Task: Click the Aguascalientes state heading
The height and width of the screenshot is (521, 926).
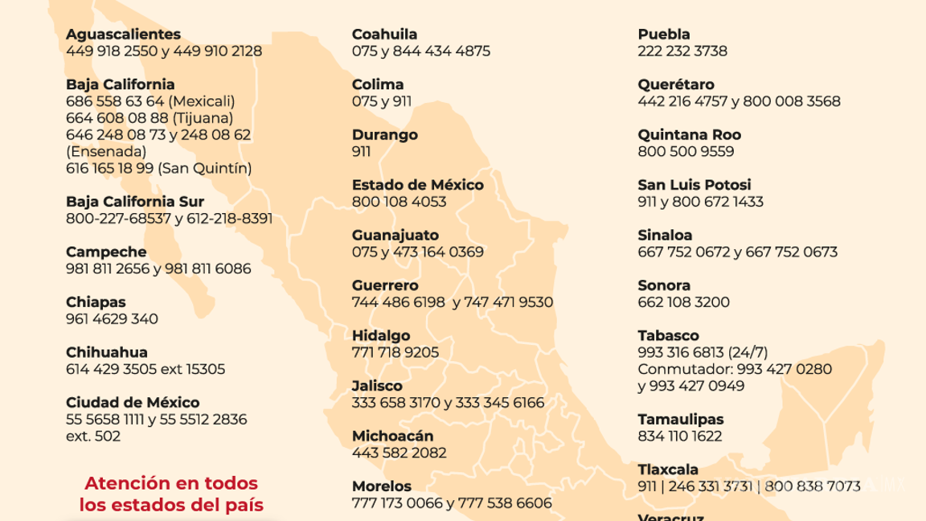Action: pos(123,35)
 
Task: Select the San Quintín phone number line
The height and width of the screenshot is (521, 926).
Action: pos(158,168)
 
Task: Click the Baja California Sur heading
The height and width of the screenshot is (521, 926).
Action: pos(135,202)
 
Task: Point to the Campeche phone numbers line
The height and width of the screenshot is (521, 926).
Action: pos(158,269)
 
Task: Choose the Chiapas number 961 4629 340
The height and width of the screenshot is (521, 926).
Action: pos(112,318)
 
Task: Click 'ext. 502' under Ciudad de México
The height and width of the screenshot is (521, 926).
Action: pos(93,436)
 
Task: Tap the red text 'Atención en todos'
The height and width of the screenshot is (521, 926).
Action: pos(171,484)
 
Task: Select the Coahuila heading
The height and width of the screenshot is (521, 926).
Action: pos(384,35)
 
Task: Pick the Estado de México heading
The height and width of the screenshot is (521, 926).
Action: pos(418,185)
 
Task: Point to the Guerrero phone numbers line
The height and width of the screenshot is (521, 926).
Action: pos(453,302)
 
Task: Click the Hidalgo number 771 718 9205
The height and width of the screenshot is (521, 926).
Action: pos(395,352)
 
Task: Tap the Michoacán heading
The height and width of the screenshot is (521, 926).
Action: pos(393,436)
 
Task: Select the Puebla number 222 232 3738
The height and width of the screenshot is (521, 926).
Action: pos(682,51)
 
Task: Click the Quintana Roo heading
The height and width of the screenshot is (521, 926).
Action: pos(690,135)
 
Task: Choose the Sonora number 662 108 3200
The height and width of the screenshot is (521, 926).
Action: pos(683,302)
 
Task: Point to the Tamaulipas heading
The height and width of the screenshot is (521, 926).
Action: pos(681,420)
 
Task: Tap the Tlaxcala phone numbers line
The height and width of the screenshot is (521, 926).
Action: pos(749,486)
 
